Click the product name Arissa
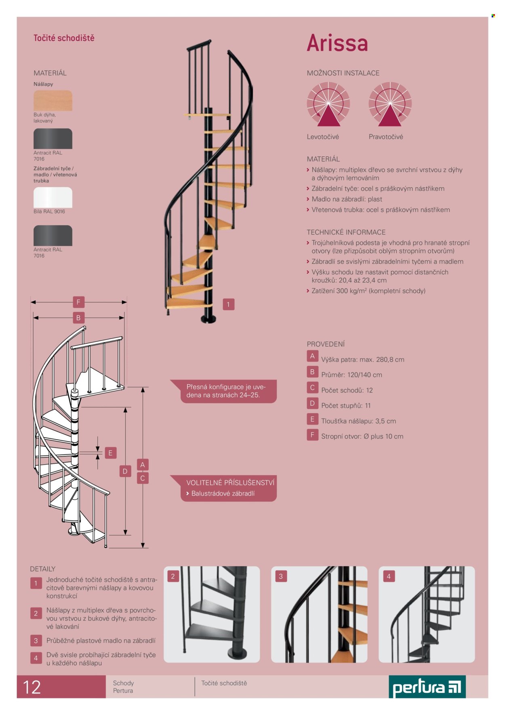337,43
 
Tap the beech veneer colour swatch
53,100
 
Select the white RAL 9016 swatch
53,197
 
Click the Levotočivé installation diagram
328,104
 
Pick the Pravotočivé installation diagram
390,104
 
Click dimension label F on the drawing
78,302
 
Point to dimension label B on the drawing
78,317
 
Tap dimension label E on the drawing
110,453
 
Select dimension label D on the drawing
125,471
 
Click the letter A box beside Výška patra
312,356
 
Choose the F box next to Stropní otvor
312,435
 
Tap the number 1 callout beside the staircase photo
228,304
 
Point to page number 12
32,687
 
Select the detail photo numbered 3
319,614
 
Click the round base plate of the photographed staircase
209,319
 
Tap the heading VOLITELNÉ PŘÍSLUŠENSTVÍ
230,482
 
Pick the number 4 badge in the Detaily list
36,658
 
